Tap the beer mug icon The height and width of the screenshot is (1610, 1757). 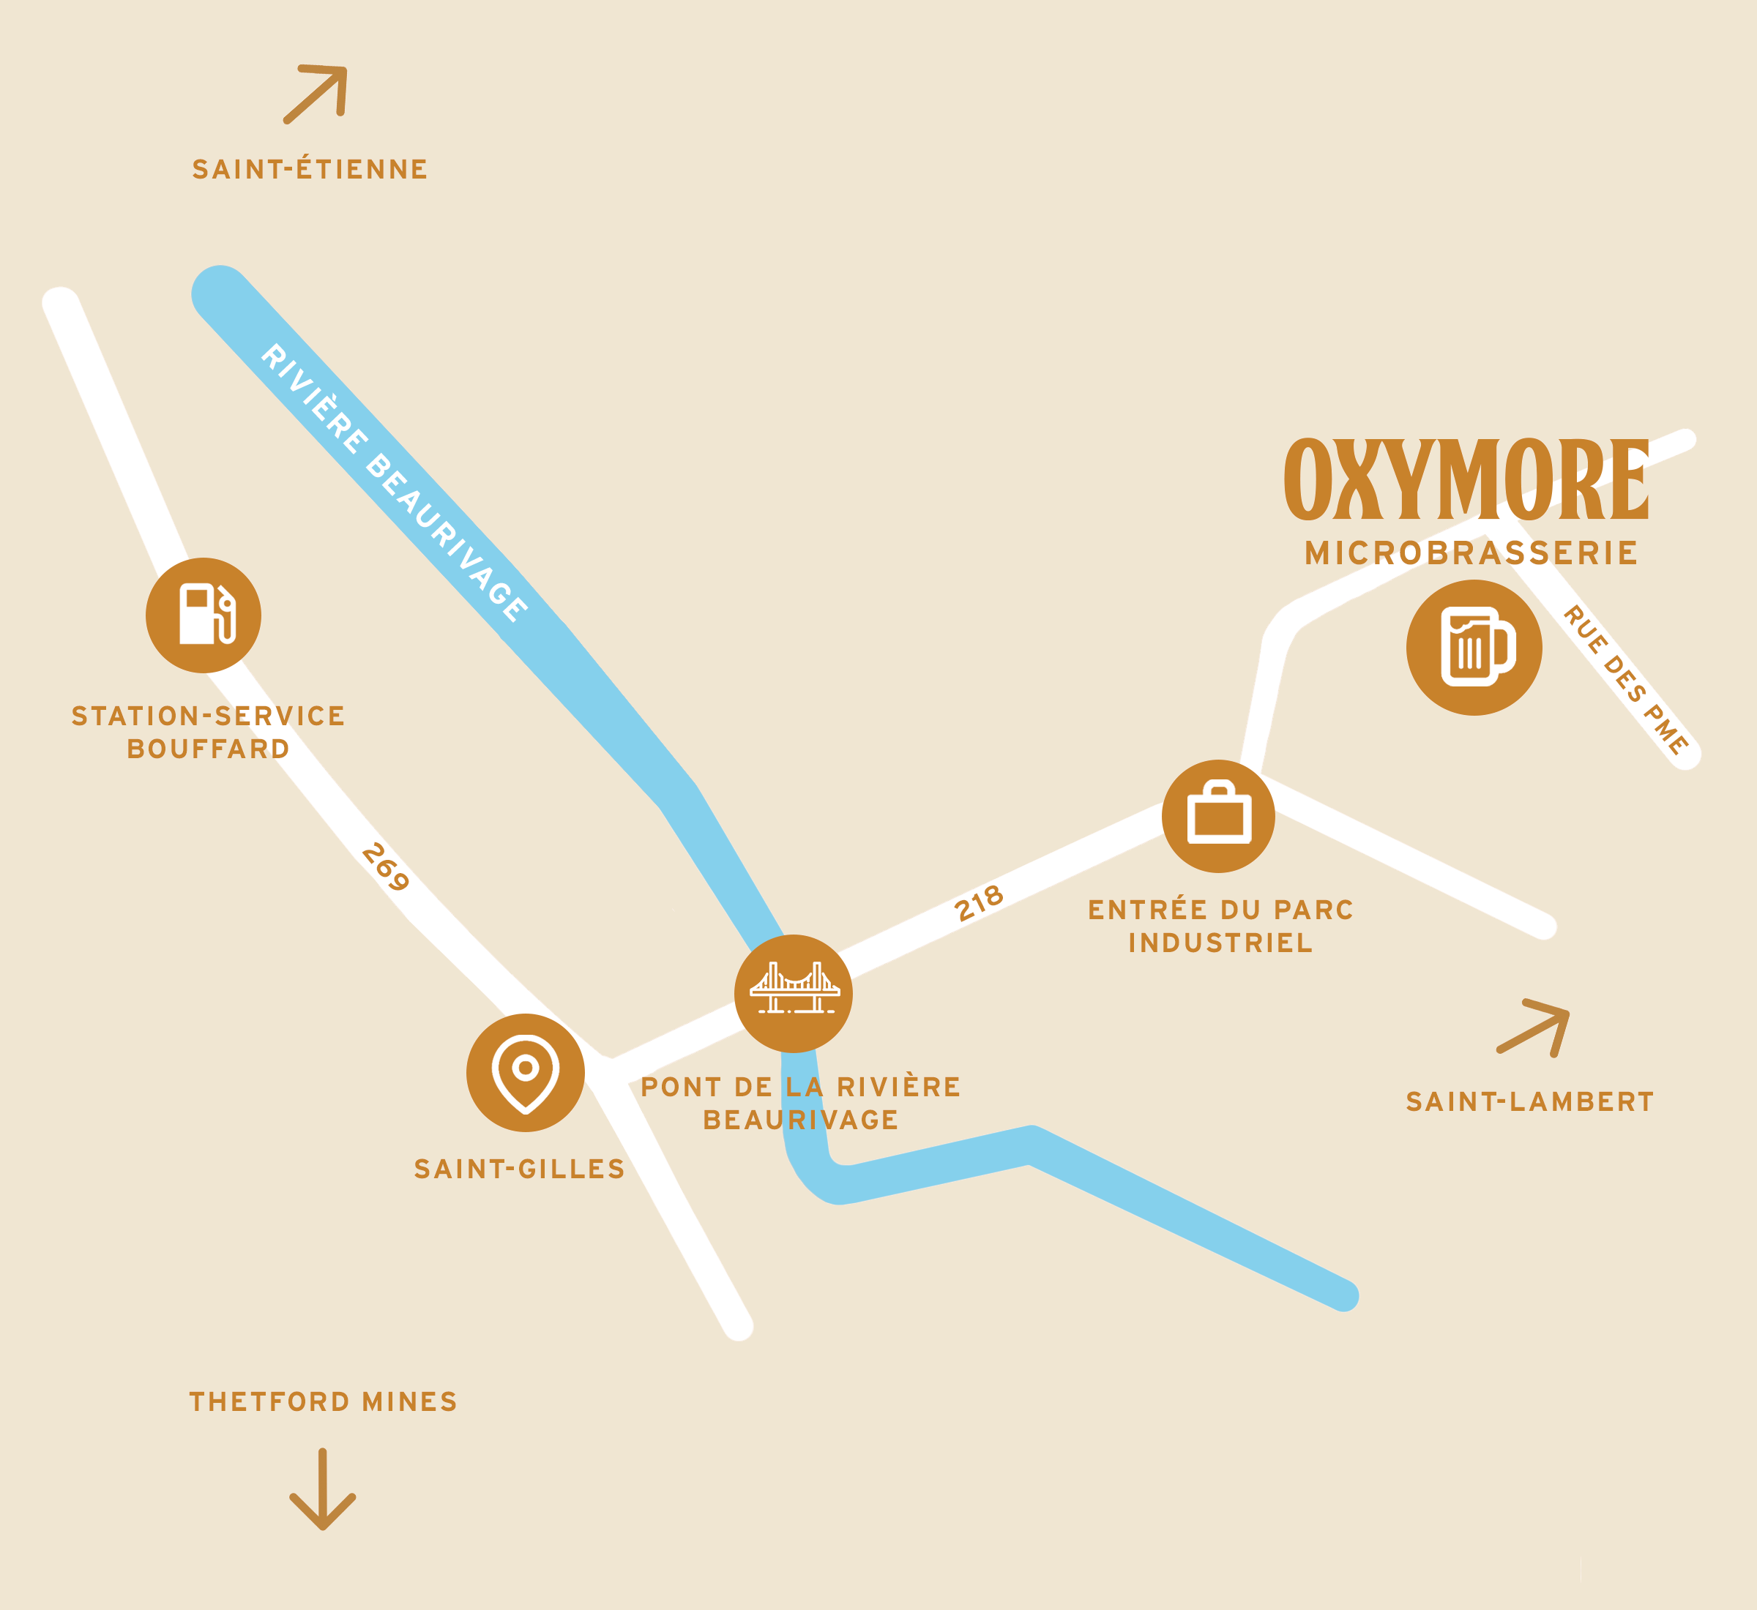[x=1474, y=648]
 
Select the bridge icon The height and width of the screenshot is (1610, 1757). [x=793, y=993]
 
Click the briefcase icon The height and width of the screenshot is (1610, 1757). [x=1218, y=815]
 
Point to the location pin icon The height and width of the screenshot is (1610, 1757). [x=525, y=1072]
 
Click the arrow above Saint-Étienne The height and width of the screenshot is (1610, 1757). [x=316, y=93]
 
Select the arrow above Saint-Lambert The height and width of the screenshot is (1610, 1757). [x=1534, y=1028]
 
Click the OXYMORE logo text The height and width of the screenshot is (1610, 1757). [x=1467, y=480]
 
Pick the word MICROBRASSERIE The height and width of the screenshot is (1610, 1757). [x=1471, y=553]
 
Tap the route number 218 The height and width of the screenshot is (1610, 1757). [x=979, y=904]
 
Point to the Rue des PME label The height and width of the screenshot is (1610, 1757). [x=1625, y=680]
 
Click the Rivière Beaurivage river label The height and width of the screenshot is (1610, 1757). [x=394, y=483]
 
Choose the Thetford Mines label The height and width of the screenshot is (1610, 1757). [x=324, y=1401]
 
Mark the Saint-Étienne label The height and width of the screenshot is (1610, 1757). [x=310, y=169]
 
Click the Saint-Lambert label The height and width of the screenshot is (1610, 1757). [x=1529, y=1102]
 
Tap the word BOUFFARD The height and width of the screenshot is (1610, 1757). [x=209, y=749]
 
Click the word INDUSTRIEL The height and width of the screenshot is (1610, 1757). [x=1220, y=943]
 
